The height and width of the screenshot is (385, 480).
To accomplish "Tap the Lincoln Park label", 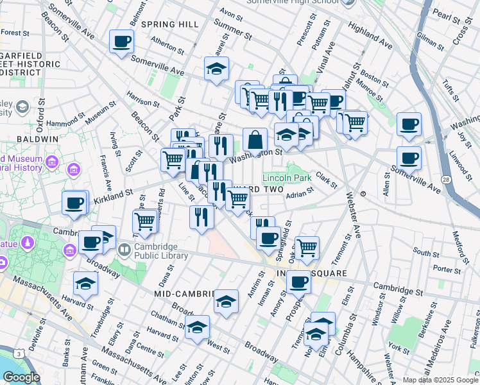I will click(286, 177).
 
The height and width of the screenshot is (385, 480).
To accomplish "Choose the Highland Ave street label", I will click(370, 35).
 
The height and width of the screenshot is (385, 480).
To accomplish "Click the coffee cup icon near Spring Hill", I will click(121, 43).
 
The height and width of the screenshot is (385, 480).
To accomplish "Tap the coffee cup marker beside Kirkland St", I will click(74, 204).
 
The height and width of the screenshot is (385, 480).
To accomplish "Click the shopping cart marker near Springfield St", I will click(307, 246).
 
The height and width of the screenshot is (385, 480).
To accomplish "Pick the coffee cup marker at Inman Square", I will click(298, 282).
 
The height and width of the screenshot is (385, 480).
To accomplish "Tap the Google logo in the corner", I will click(21, 377).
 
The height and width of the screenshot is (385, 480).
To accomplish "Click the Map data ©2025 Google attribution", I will click(440, 380).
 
